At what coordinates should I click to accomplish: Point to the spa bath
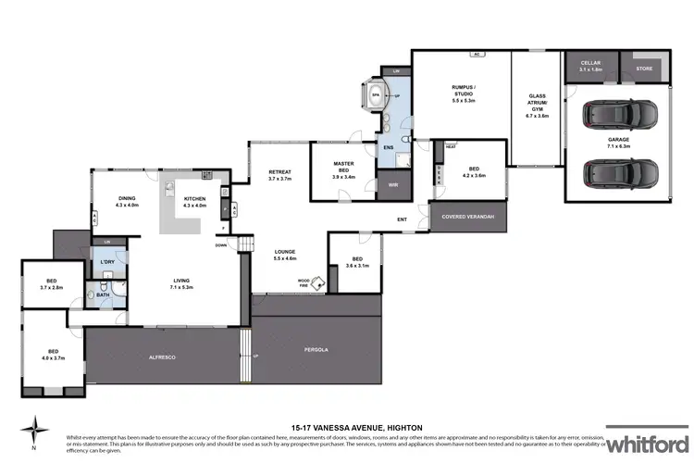coord(377,94)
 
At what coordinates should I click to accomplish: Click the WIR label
coord(391,183)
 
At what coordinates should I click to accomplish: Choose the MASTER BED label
coord(343,168)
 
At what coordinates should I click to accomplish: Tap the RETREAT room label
coord(280,175)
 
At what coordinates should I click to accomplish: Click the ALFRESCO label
coord(162,357)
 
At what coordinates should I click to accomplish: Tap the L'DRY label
coord(106,263)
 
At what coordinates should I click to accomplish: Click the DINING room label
coord(127,201)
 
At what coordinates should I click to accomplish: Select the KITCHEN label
coord(194,201)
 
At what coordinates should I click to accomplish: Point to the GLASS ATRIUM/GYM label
coord(538,106)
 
